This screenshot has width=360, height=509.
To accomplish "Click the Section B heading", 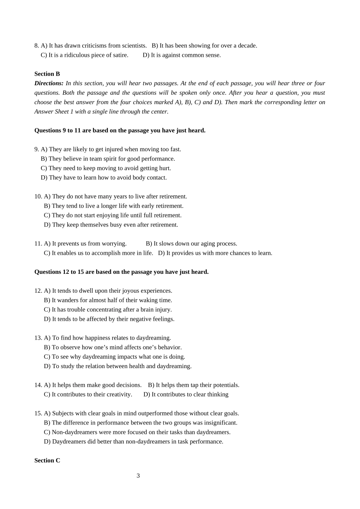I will (47, 74).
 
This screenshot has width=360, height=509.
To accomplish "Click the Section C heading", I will (47, 461).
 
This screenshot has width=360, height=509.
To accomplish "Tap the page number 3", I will (138, 476).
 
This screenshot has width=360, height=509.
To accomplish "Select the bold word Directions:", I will (49, 83).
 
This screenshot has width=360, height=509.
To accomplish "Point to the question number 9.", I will (36, 149).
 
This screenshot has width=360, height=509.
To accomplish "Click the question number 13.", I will (38, 338).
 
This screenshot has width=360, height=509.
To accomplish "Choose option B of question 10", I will (114, 206).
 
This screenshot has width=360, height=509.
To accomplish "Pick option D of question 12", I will (109, 319).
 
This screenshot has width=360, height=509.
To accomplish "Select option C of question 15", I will (137, 432).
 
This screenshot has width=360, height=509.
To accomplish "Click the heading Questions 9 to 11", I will (120, 130).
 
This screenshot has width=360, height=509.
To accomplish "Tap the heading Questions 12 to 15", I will (121, 272).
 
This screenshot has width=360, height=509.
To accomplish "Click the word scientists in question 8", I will (134, 45).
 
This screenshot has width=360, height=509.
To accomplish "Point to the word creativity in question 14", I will (119, 395).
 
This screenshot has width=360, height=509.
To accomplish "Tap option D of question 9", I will (104, 178).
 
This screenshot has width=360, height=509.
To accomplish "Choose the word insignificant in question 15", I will (220, 423).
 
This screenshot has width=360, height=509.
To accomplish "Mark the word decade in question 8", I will (247, 45).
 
